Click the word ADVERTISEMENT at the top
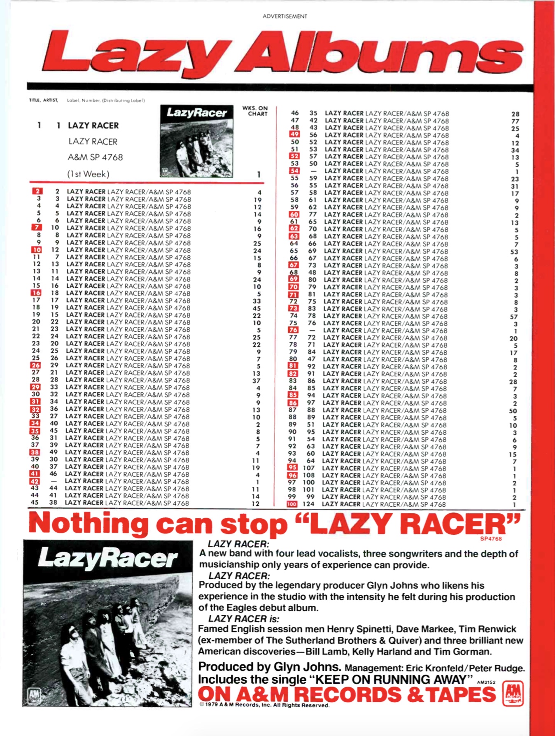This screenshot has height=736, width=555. pos(284,16)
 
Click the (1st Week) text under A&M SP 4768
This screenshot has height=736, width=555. pos(89,174)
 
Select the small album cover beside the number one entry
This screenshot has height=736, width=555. pos(196,141)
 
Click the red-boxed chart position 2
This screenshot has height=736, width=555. pos(37,191)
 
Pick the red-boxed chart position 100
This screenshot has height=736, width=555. pos(292,504)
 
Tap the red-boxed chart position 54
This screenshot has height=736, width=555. pos(294,171)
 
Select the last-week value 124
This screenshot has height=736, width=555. pos(308,504)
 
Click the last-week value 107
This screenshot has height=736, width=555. pos(308,468)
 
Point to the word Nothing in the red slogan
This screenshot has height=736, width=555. pos(89,524)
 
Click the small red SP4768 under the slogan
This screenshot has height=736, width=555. pos(491,539)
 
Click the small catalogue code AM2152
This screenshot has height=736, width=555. pos(486,682)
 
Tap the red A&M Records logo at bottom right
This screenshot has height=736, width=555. pos(513,694)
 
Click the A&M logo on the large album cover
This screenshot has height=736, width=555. pos(34,696)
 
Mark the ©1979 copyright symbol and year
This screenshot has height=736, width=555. pos(209,705)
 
